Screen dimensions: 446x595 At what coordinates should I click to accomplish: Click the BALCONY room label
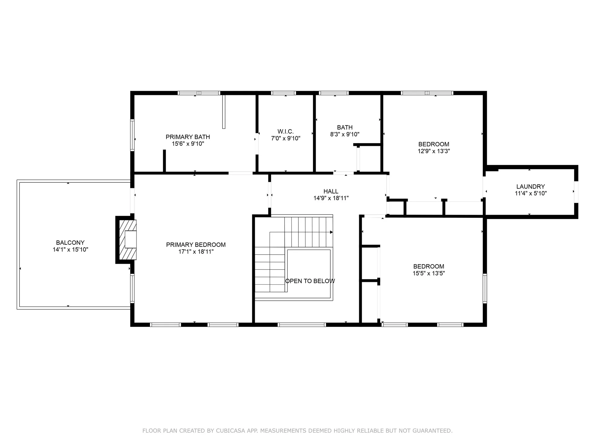coord(70,243)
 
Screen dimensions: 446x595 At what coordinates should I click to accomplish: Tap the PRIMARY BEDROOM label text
coord(196,245)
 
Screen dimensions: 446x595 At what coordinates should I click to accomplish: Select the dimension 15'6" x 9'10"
coord(188,144)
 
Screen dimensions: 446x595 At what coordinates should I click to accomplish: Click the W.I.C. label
coord(285,131)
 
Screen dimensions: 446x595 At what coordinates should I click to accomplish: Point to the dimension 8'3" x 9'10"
coord(345,134)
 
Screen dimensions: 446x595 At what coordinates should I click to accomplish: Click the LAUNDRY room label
coord(530,186)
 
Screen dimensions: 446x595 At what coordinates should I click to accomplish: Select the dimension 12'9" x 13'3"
coord(434,151)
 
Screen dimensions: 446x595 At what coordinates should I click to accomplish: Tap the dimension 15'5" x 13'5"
coord(429,273)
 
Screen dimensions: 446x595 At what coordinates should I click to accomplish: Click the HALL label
coord(331,191)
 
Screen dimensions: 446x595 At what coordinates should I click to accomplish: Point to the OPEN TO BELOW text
coord(310,281)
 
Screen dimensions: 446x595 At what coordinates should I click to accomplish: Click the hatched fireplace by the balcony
coord(128,239)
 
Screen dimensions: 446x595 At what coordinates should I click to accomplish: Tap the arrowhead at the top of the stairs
coord(331,232)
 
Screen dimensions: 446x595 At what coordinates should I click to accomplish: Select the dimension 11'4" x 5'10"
coord(531,193)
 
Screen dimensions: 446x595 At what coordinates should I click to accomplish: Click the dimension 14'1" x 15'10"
coord(70,249)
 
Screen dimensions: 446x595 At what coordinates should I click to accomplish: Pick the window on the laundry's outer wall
coord(576,192)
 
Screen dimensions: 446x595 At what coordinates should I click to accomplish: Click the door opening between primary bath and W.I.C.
coord(257,143)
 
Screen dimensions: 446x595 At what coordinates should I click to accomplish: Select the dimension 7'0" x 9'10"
coord(285,138)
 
